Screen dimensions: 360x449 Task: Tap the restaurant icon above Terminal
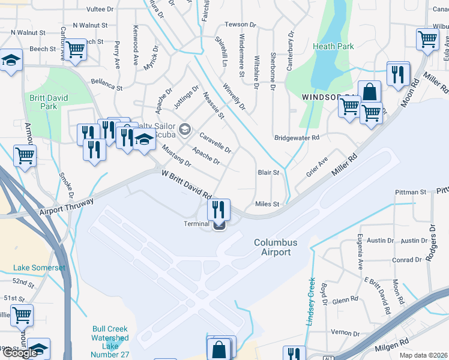(219, 209)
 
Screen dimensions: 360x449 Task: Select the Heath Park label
(333, 46)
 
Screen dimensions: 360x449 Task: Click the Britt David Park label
(49, 102)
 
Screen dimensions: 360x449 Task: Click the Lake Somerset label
(40, 268)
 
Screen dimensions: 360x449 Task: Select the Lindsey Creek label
(312, 302)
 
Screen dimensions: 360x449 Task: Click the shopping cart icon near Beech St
(76, 49)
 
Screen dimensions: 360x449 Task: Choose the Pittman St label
(411, 192)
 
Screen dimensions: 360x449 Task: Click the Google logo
(20, 353)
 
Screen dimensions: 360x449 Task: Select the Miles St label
(268, 204)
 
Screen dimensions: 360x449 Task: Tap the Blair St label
(268, 172)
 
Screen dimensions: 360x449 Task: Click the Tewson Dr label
(241, 25)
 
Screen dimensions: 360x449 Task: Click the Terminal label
(196, 224)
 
